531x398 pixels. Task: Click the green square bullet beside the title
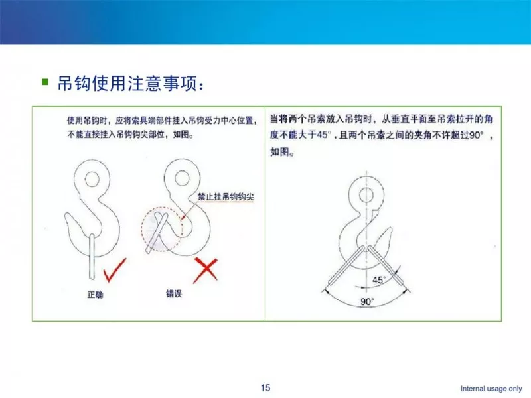point(45,82)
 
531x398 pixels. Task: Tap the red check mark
point(114,270)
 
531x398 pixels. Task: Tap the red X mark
point(206,270)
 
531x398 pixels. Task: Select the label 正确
point(95,295)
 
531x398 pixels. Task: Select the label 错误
point(174,293)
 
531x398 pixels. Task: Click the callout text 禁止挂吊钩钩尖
point(226,196)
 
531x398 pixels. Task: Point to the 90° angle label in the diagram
point(367,301)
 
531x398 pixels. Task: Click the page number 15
point(265,387)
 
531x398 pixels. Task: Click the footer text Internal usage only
point(491,389)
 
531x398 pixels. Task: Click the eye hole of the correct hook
point(92,172)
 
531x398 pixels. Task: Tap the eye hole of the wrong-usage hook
point(182,170)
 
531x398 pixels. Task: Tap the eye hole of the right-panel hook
point(366,188)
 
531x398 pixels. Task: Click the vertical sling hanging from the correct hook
point(92,257)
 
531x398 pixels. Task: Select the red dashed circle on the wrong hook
point(141,229)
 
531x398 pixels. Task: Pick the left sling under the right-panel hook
point(346,265)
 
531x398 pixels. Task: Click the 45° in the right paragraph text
point(323,135)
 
